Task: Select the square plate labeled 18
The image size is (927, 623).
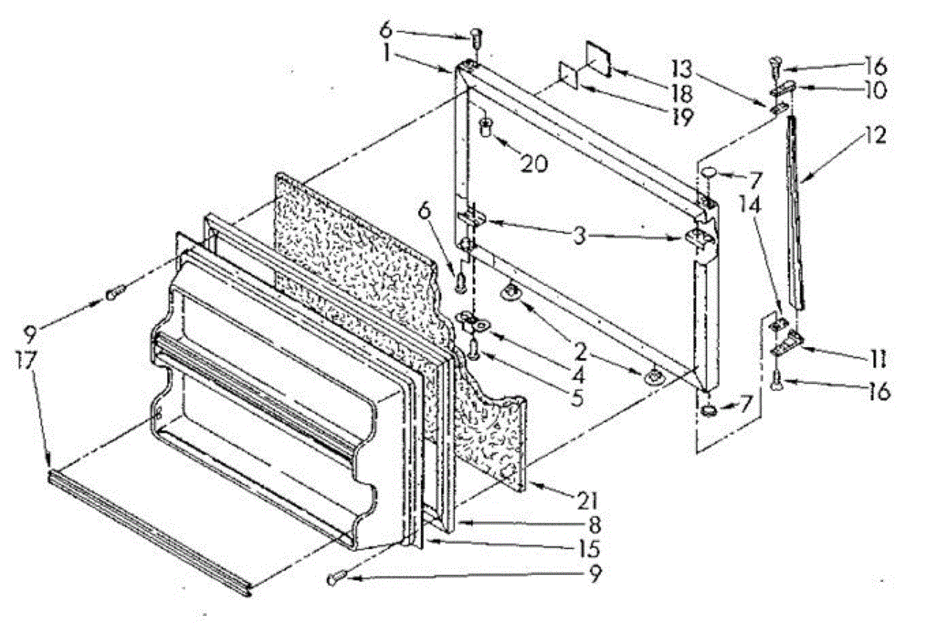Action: [599, 58]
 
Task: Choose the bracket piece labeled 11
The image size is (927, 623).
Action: [787, 343]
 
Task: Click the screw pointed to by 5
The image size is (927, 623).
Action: [474, 352]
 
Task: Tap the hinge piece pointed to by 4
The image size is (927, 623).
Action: [469, 321]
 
